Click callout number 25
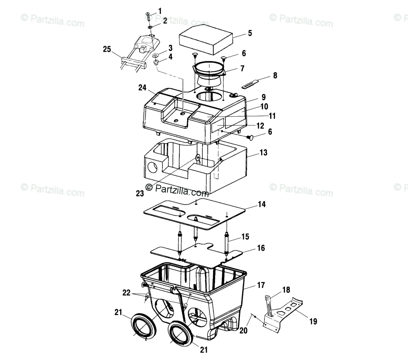pyautogui.click(x=107, y=49)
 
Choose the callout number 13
pyautogui.click(x=263, y=153)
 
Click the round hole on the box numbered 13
pyautogui.click(x=153, y=168)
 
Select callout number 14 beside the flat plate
pyautogui.click(x=262, y=204)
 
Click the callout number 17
pyautogui.click(x=261, y=285)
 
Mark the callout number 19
pyautogui.click(x=313, y=321)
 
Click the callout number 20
pyautogui.click(x=243, y=330)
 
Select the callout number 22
pyautogui.click(x=126, y=293)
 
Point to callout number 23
pyautogui.click(x=140, y=193)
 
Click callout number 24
pyautogui.click(x=142, y=88)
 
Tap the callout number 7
pyautogui.click(x=242, y=69)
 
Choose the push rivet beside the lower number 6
pyautogui.click(x=252, y=137)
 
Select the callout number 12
pyautogui.click(x=260, y=126)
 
